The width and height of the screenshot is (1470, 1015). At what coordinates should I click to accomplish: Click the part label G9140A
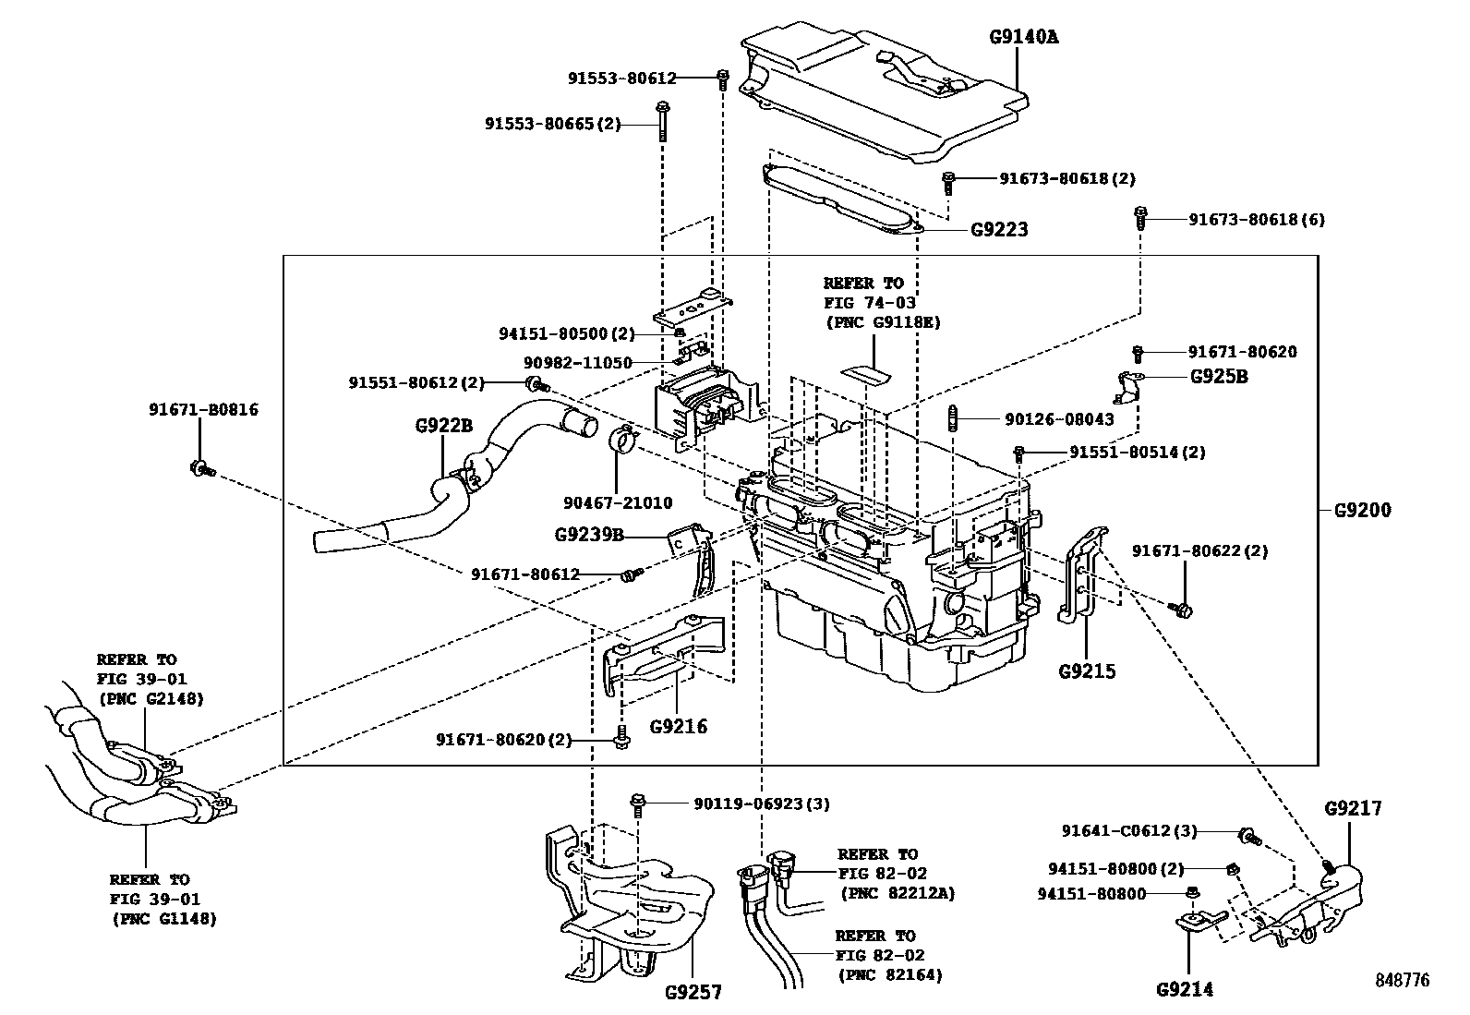tap(1024, 37)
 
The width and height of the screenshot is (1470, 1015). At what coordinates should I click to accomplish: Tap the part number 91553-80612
tap(622, 79)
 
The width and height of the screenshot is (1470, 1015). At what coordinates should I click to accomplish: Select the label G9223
tap(999, 230)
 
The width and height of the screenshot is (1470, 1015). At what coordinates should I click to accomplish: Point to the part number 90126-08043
tap(1059, 419)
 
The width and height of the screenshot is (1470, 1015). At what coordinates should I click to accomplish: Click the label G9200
tap(1362, 510)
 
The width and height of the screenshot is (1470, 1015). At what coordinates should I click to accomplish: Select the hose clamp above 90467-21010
tap(622, 439)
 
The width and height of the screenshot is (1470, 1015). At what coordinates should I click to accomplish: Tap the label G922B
tap(443, 426)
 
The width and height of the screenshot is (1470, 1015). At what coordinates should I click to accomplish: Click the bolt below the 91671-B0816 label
tap(202, 469)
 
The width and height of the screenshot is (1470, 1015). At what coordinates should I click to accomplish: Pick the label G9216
tap(679, 727)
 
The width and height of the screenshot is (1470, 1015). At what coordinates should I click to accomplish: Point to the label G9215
tap(1087, 671)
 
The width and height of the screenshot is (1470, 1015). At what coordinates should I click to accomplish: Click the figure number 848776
tap(1403, 980)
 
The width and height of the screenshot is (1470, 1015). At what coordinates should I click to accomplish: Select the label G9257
tap(693, 992)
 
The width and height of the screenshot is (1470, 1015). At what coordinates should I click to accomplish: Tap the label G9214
tap(1185, 989)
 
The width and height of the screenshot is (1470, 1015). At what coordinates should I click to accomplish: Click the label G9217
tap(1353, 808)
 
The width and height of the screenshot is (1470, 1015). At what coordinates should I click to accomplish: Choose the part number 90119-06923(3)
tap(762, 804)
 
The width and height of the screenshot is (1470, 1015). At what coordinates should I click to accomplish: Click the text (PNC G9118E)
tap(883, 322)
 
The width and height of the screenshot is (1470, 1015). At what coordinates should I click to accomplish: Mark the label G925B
tap(1219, 377)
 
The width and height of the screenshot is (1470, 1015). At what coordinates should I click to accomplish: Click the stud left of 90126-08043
tap(954, 419)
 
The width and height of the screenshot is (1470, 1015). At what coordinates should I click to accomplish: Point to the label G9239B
tap(589, 535)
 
